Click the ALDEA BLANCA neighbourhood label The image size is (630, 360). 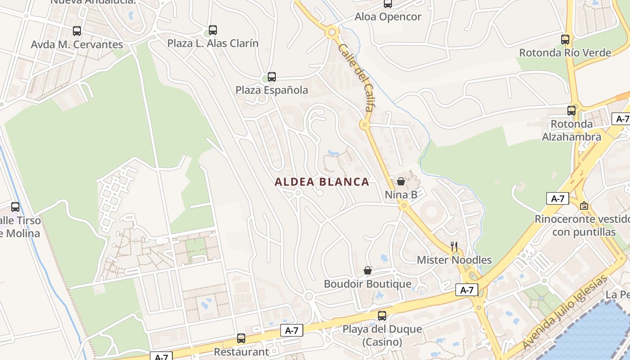[322, 182]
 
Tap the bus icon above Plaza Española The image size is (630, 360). [272, 77]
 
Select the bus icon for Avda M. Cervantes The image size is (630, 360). [77, 31]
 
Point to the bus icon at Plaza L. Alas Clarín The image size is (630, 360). [213, 30]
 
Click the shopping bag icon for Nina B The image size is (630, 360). [401, 181]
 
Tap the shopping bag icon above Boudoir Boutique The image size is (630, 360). [368, 270]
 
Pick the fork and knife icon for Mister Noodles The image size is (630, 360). [454, 246]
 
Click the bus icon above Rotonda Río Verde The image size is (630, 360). [565, 40]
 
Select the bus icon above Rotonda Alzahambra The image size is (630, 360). [571, 110]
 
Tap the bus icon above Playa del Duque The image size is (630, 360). [382, 315]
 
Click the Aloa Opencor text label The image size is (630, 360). [388, 17]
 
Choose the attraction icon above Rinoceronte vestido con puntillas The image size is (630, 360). [584, 206]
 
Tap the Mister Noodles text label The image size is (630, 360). [454, 260]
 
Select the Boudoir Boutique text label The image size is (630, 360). [368, 284]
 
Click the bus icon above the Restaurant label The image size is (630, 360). [241, 338]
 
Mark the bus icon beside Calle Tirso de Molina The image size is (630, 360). [15, 207]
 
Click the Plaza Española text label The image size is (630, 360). [272, 90]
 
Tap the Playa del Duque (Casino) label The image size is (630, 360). [382, 336]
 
